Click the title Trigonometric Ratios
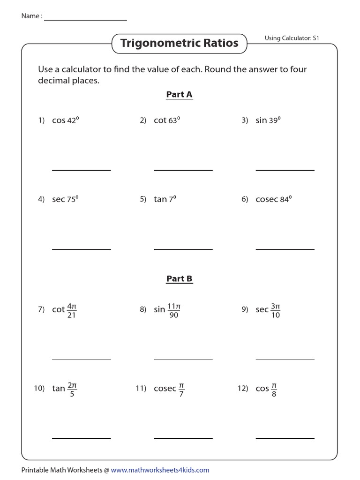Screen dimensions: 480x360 (179, 44)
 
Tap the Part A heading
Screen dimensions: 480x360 (179, 95)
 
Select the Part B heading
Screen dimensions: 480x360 (179, 279)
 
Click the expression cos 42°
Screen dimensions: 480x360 (65, 120)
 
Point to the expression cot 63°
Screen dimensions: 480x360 (167, 120)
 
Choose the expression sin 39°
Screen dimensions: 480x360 (268, 120)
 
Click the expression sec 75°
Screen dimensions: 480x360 (65, 199)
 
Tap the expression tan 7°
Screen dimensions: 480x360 (165, 199)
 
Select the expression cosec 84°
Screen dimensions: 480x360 (274, 199)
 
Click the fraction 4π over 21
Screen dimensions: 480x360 (72, 310)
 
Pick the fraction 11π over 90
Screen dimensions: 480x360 (173, 310)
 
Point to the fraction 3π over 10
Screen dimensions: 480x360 (275, 310)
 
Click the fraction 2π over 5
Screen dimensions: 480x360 (72, 389)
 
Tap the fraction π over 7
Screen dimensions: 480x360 (181, 389)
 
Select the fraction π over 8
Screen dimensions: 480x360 (274, 389)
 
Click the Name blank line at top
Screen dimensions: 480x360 (85, 20)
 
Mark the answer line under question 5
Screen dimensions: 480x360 (183, 249)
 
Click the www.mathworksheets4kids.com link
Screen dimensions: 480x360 (160, 470)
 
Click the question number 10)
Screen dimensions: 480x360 (39, 389)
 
